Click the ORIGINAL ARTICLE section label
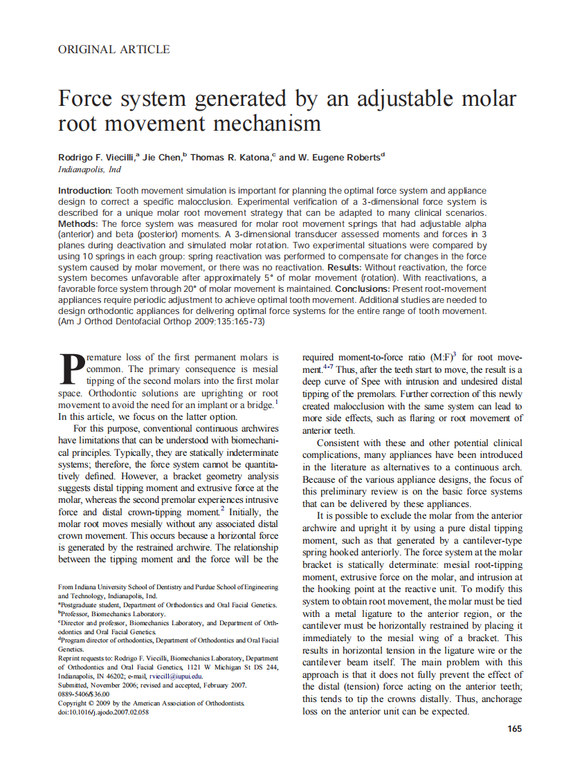coord(114,49)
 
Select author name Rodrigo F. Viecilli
coord(98,157)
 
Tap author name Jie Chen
coord(164,157)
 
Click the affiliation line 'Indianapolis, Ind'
coord(89,169)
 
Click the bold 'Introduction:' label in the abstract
coord(85,190)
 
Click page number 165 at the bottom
coord(514,728)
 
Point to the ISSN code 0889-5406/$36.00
coord(84,694)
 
